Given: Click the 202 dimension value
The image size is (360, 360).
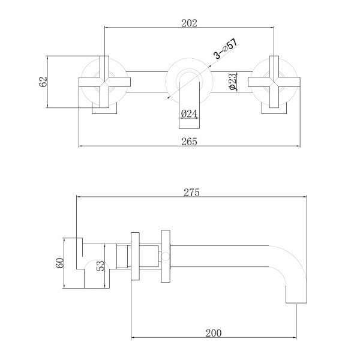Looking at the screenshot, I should [x=189, y=23].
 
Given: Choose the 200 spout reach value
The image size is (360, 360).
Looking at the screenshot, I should [x=215, y=334].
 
